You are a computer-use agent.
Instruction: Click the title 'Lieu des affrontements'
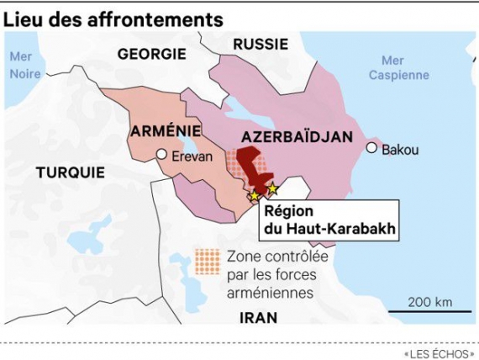[x=113, y=18]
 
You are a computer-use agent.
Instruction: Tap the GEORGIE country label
[x=151, y=54]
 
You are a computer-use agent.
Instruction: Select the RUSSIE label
[x=261, y=44]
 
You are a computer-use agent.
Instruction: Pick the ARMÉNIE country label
[x=166, y=132]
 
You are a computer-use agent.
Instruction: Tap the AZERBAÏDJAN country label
[x=296, y=136]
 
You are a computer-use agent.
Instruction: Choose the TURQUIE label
[x=71, y=172]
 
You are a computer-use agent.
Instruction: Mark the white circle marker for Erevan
[x=161, y=155]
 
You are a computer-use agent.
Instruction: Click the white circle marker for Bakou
[x=371, y=148]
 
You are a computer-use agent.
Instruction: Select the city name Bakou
[x=399, y=150]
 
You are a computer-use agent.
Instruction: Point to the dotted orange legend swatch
[x=207, y=262]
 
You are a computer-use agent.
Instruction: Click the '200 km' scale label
[x=429, y=302]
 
